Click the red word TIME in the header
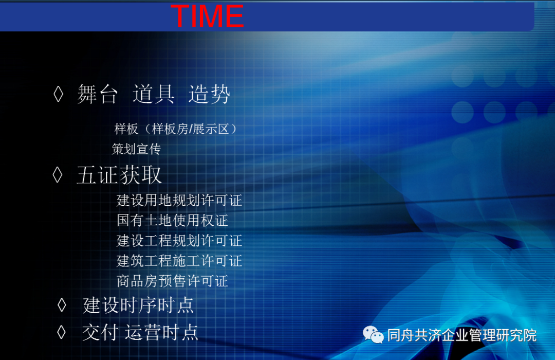click(x=207, y=16)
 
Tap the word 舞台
click(x=97, y=94)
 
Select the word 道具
click(x=153, y=94)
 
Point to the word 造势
click(x=209, y=94)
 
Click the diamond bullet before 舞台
click(x=59, y=95)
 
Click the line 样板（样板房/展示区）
click(x=176, y=129)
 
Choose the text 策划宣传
click(x=136, y=149)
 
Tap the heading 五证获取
click(x=119, y=175)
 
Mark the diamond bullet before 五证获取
click(x=58, y=175)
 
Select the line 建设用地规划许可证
click(x=179, y=200)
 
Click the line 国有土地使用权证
click(x=172, y=221)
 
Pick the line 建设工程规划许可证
click(x=179, y=241)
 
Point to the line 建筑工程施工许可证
click(x=179, y=261)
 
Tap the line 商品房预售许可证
click(x=172, y=281)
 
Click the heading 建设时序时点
click(x=138, y=305)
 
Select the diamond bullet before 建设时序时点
click(x=62, y=305)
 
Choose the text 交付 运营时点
click(x=140, y=332)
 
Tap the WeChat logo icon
click(x=374, y=335)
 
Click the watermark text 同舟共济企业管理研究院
click(x=462, y=335)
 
